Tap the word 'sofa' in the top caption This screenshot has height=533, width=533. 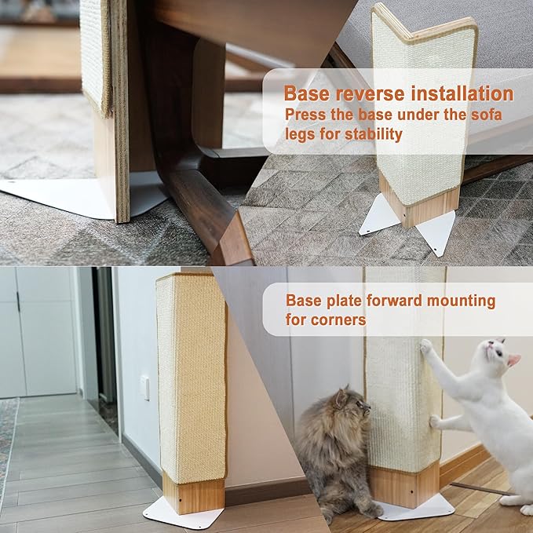[485, 115]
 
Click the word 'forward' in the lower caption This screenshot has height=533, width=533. [392, 301]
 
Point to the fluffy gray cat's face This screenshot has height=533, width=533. [351, 407]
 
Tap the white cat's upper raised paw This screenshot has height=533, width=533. [425, 346]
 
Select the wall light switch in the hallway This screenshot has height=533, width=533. [144, 387]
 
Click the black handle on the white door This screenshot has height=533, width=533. [17, 302]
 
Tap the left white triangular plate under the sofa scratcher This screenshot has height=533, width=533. [379, 215]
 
